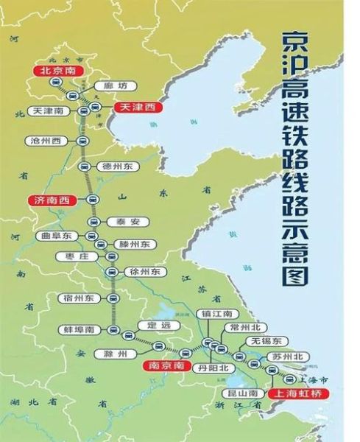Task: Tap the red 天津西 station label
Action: (x=138, y=108)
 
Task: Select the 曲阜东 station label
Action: (x=54, y=236)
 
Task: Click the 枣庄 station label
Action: (x=76, y=257)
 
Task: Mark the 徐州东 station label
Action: (x=144, y=272)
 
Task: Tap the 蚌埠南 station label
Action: (x=77, y=329)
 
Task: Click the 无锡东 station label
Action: (x=266, y=341)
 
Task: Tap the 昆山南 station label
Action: (x=242, y=394)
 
